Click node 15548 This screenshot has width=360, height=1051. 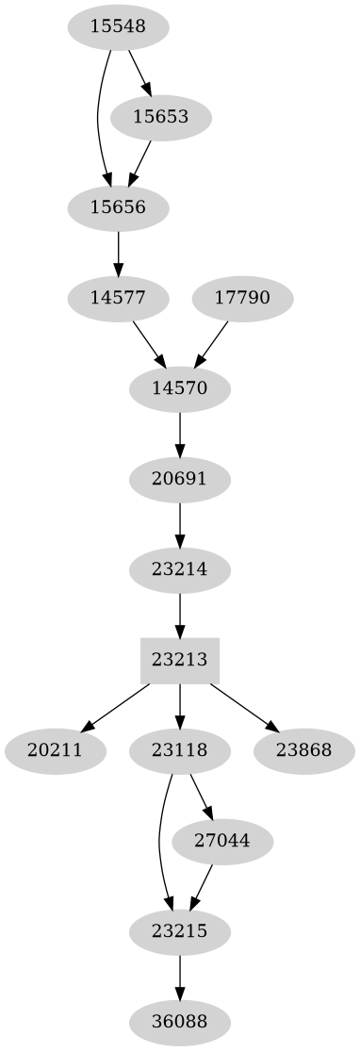click(x=118, y=27)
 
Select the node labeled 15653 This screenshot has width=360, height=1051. click(x=160, y=118)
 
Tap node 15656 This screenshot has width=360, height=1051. click(x=118, y=207)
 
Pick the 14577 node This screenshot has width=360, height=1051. click(x=118, y=299)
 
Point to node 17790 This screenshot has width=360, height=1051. click(x=242, y=299)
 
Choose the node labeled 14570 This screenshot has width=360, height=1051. click(x=179, y=388)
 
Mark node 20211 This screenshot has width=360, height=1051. click(x=55, y=751)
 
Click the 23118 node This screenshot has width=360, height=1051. click(x=179, y=751)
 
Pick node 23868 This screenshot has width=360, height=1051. click(x=304, y=751)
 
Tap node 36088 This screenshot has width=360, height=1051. click(x=179, y=1022)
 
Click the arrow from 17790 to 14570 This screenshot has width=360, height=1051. click(x=211, y=343)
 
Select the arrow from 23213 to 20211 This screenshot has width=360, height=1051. click(x=117, y=706)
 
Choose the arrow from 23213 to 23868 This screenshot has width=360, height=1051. click(x=241, y=706)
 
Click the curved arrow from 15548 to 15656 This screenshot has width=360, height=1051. click(x=99, y=118)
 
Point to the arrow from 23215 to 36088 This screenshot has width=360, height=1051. click(x=179, y=977)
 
